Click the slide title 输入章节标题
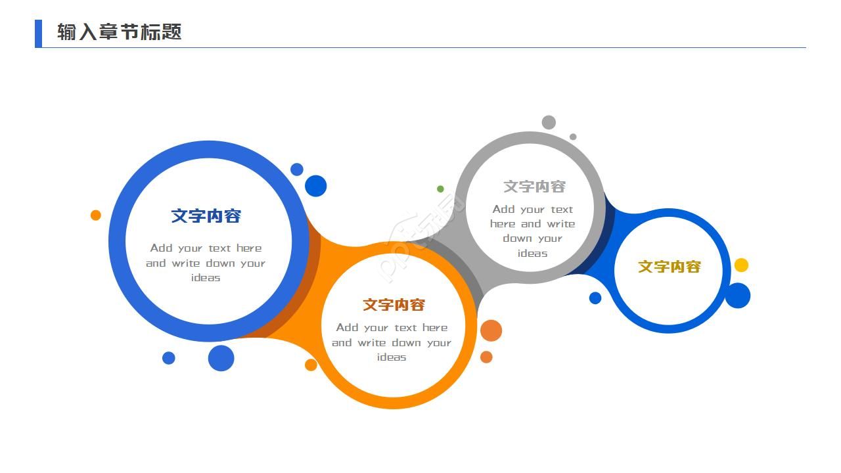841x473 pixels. tap(119, 32)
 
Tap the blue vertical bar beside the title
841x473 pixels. tap(38, 34)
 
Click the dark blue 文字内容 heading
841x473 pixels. tap(206, 216)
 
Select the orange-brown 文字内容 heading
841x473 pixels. tap(394, 305)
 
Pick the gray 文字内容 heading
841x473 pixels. tap(534, 187)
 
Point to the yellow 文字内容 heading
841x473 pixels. tap(670, 267)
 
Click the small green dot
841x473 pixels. tap(440, 189)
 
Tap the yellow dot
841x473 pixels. tap(741, 265)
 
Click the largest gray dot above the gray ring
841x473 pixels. tap(549, 122)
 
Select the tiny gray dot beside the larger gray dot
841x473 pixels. tap(573, 137)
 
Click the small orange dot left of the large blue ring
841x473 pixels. tap(96, 215)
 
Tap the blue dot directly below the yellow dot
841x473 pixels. tap(737, 296)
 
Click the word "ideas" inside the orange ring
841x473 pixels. tap(392, 357)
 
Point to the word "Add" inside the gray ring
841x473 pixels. tap(503, 210)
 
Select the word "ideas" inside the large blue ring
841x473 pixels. tap(206, 278)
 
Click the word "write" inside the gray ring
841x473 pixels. tap(561, 224)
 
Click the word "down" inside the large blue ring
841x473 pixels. tap(221, 263)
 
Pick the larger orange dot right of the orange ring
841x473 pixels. tap(491, 330)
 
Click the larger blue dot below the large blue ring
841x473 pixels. tap(221, 358)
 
